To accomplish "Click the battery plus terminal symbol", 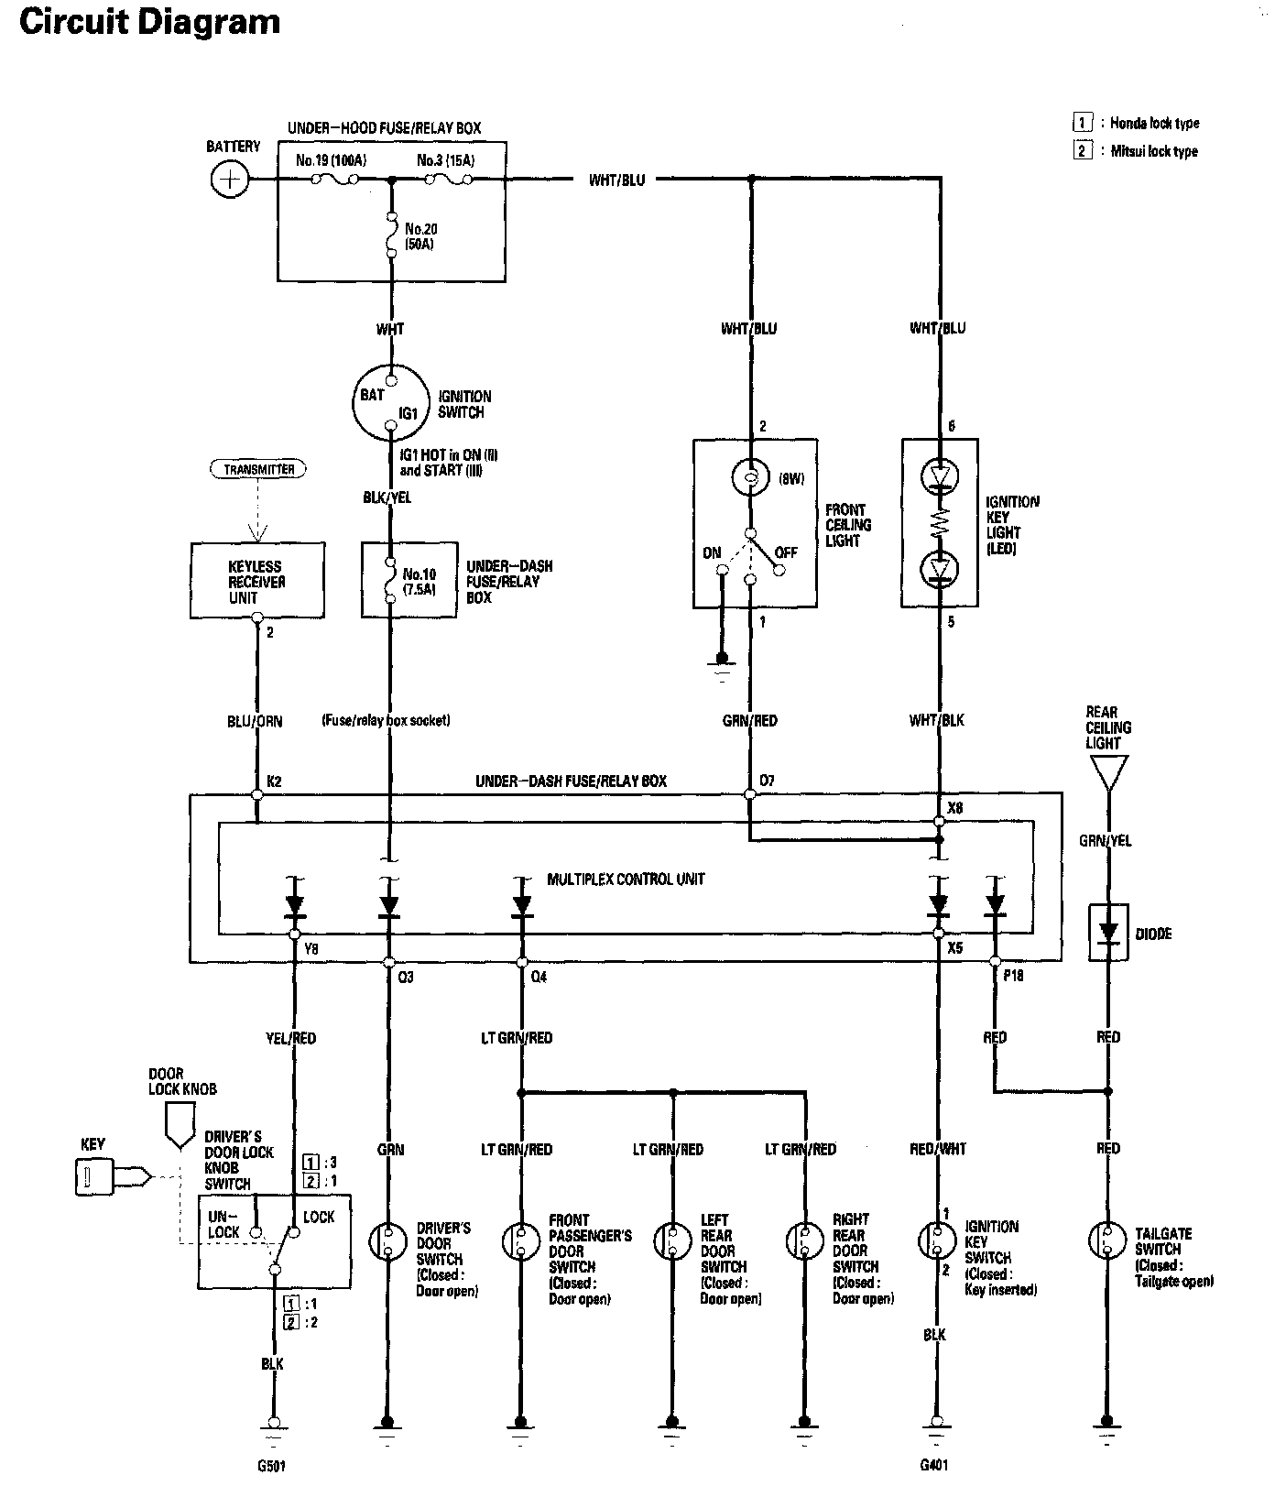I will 229,179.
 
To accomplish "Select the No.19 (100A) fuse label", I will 331,160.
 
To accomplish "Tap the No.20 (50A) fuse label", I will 420,237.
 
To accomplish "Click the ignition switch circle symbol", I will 390,403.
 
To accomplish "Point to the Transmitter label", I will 259,469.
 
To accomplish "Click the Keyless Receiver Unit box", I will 256,581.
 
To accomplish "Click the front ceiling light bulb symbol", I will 750,477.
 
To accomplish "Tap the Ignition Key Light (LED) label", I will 1012,525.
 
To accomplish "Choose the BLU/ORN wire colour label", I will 255,721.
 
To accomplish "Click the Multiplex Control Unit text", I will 626,879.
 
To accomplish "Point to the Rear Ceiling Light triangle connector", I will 1108,771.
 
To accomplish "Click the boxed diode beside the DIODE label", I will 1108,934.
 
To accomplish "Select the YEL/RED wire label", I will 291,1038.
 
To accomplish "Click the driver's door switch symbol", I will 387,1242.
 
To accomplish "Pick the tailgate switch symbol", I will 1106,1240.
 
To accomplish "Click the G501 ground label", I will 271,1465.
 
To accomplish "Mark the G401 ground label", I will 934,1464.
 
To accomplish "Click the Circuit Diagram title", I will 149,22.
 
